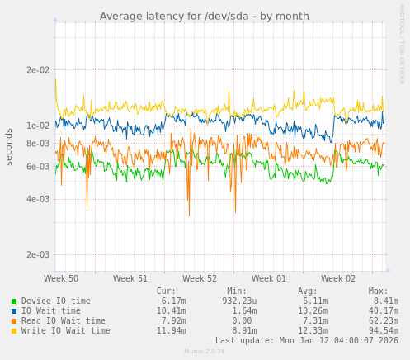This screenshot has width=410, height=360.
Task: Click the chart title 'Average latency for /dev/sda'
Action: pyautogui.click(x=204, y=17)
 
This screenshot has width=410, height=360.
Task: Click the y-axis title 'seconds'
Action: pyautogui.click(x=9, y=146)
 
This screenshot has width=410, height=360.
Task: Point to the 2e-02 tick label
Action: pyautogui.click(x=38, y=70)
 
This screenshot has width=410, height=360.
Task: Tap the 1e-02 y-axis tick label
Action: pyautogui.click(x=38, y=126)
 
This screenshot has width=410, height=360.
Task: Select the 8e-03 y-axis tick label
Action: pyautogui.click(x=38, y=144)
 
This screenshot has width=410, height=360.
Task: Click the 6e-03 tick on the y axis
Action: pyautogui.click(x=38, y=167)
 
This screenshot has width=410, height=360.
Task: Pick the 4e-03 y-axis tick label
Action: pyautogui.click(x=38, y=199)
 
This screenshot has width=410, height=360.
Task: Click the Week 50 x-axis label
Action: pyautogui.click(x=61, y=279)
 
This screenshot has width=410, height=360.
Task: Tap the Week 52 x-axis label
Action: pyautogui.click(x=200, y=279)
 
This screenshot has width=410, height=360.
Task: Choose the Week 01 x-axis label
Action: pyautogui.click(x=269, y=279)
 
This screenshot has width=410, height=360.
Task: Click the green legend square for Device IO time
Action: pyautogui.click(x=14, y=301)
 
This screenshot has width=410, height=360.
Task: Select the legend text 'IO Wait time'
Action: pyautogui.click(x=51, y=311)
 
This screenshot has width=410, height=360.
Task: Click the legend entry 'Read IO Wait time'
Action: pyautogui.click(x=64, y=321)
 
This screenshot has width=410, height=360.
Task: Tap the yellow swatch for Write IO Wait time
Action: pyautogui.click(x=14, y=331)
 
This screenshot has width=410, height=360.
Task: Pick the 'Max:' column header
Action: pyautogui.click(x=378, y=291)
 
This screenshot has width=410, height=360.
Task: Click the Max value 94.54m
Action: pyautogui.click(x=383, y=331)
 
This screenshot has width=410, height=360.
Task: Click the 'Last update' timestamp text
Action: pyautogui.click(x=306, y=341)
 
